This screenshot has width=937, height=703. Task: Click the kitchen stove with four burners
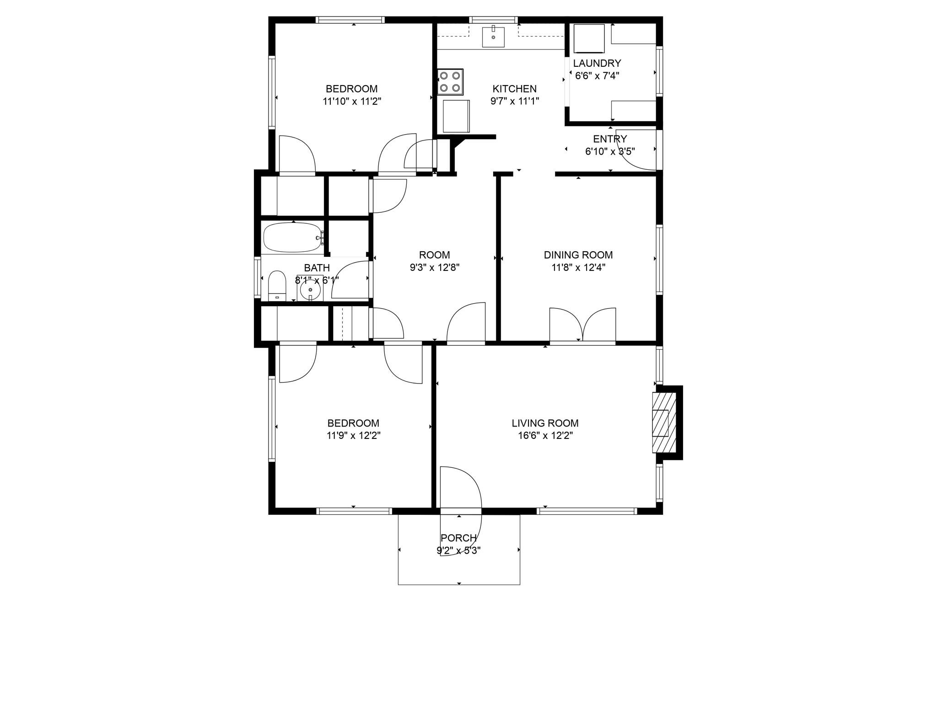(x=450, y=81)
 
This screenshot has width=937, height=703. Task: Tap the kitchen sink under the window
(x=493, y=37)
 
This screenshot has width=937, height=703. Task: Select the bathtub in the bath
(x=293, y=238)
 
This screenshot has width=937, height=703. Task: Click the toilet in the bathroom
(x=277, y=286)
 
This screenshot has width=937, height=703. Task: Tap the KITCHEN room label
(x=514, y=89)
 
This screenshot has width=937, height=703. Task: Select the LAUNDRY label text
(x=597, y=63)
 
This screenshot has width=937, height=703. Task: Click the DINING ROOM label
(x=578, y=255)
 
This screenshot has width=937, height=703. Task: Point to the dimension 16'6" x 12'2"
(x=545, y=435)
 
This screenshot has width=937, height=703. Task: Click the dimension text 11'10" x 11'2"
(x=352, y=101)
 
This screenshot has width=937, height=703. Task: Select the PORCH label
(x=458, y=538)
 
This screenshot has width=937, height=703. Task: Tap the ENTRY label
(x=610, y=139)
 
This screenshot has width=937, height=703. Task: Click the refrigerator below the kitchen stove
(x=456, y=116)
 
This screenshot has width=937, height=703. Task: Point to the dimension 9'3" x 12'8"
(x=434, y=267)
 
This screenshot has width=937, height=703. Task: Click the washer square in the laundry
(x=590, y=39)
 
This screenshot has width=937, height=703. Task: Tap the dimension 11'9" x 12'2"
(x=353, y=435)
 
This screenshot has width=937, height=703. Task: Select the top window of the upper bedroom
(x=350, y=20)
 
